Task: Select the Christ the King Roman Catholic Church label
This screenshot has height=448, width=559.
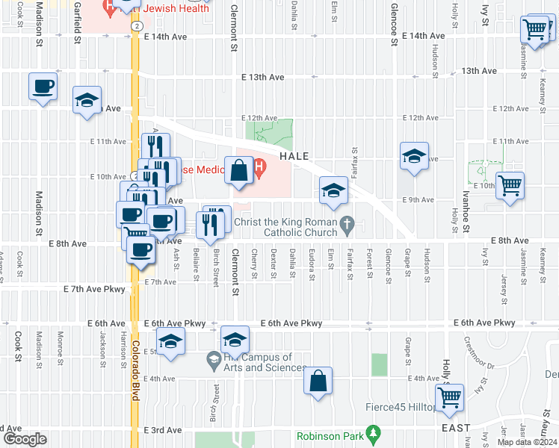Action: click(287, 228)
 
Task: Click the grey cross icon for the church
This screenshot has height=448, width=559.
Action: click(348, 223)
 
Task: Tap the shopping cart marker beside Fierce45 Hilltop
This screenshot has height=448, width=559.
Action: click(450, 397)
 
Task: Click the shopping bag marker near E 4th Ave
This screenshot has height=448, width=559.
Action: click(318, 381)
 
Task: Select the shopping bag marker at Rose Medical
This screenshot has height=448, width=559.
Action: click(238, 170)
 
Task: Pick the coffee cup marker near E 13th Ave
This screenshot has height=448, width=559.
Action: click(43, 86)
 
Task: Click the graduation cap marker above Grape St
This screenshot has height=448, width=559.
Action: click(413, 155)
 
